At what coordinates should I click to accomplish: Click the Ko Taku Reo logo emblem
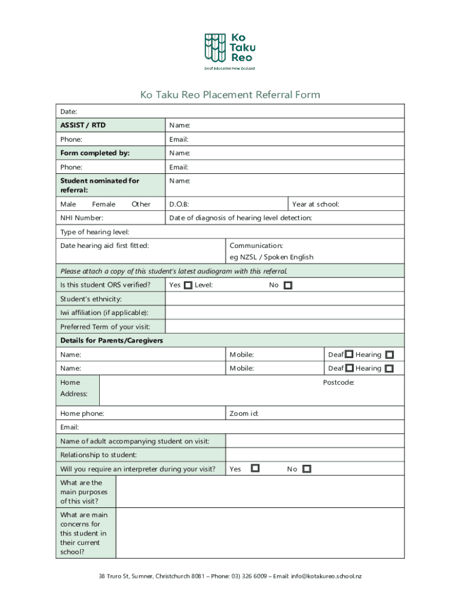(x=215, y=47)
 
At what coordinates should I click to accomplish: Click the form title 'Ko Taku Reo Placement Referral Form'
(x=230, y=94)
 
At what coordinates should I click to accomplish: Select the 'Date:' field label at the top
(x=69, y=112)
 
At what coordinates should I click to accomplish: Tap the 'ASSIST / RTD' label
(x=83, y=126)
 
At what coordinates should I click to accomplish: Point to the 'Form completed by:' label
(x=94, y=153)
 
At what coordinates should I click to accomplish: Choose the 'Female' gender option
(x=103, y=204)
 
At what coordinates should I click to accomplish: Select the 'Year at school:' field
(x=315, y=204)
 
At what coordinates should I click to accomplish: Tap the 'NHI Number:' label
(x=81, y=218)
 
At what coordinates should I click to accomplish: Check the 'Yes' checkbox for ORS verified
(x=188, y=286)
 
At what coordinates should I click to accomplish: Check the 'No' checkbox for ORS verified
(x=287, y=286)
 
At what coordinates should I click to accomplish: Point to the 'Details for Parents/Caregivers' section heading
(x=112, y=341)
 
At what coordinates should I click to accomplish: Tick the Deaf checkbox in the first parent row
(x=349, y=355)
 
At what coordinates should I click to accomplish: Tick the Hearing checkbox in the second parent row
(x=390, y=369)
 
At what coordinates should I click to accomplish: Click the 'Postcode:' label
(x=339, y=382)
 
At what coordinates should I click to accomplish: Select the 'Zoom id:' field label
(x=244, y=414)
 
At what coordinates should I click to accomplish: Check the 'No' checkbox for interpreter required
(x=306, y=469)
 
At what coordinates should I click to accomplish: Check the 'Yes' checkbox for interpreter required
(x=255, y=469)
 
